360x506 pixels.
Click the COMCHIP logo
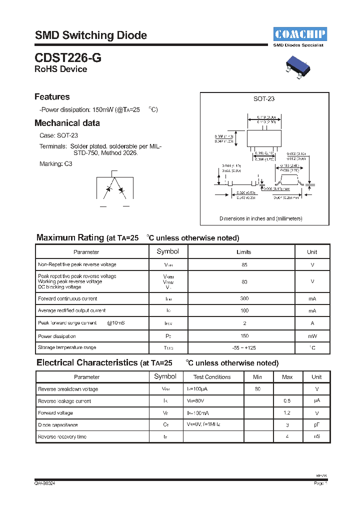(x=300, y=34)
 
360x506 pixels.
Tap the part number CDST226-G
(x=68, y=57)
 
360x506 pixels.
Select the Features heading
(x=52, y=97)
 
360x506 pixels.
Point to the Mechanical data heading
(x=67, y=123)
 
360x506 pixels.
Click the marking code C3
(x=68, y=164)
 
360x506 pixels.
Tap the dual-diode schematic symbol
(x=114, y=189)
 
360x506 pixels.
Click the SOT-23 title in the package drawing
(x=264, y=99)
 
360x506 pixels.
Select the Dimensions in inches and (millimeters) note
(x=261, y=218)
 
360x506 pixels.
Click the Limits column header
(x=243, y=252)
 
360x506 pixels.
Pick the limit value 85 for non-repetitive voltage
(x=244, y=264)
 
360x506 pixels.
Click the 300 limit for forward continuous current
(x=244, y=299)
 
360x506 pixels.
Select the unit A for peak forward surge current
(x=312, y=323)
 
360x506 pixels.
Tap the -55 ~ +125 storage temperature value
(x=244, y=347)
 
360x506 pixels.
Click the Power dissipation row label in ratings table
(x=57, y=336)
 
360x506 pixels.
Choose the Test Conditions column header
(x=212, y=377)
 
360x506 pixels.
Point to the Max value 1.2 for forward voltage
(x=287, y=413)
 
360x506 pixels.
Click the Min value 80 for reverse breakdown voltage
(x=257, y=389)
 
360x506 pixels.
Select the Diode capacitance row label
(x=58, y=425)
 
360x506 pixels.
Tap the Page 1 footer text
(x=320, y=483)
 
